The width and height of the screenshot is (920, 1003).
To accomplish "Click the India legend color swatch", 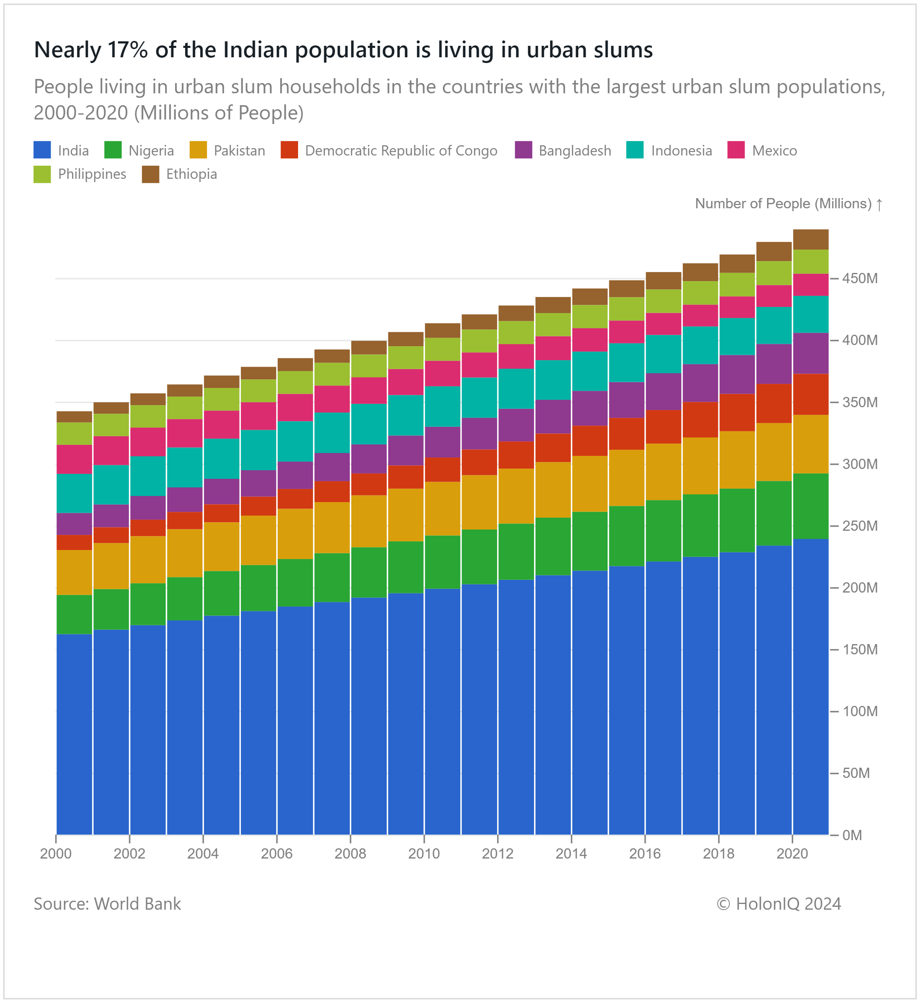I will (42, 150).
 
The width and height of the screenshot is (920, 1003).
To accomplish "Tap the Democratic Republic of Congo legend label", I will (401, 151).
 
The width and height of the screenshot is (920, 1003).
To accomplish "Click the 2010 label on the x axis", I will (424, 854).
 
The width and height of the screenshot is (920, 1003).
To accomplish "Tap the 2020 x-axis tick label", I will (792, 854).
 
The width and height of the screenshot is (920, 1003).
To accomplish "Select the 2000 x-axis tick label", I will (56, 854).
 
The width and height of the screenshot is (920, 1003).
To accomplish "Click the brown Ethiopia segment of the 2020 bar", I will (810, 239).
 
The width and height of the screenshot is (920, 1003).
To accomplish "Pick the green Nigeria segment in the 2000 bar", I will (74, 614).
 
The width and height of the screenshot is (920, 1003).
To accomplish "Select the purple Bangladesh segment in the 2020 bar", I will (810, 353).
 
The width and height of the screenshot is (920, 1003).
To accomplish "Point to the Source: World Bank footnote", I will (107, 904).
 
